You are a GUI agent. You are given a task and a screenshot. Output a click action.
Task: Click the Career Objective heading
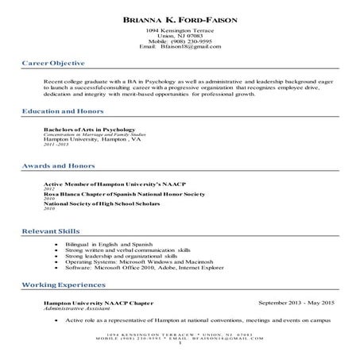53,62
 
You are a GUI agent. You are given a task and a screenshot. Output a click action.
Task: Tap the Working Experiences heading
60,284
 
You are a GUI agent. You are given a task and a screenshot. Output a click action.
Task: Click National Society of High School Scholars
99,203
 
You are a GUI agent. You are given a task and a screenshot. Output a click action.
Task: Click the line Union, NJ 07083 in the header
180,36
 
